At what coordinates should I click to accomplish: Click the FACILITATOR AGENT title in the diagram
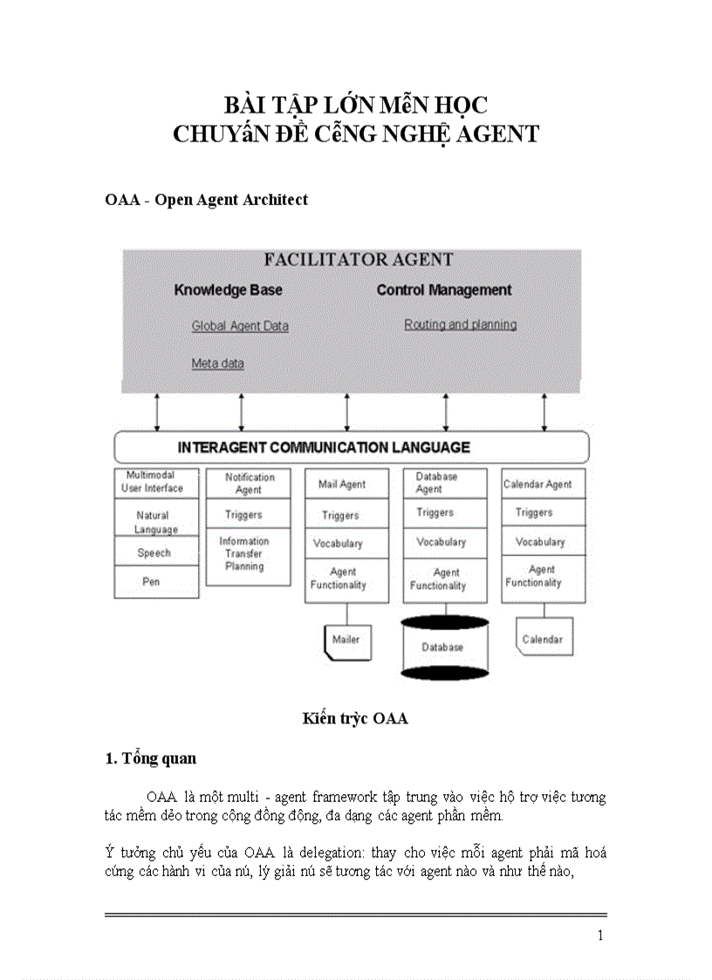[x=358, y=259]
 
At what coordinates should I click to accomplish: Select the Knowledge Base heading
[x=228, y=290]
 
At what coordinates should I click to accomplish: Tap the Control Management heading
[x=443, y=290]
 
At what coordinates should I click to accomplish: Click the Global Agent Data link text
[x=240, y=326]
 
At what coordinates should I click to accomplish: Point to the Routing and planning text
[x=460, y=324]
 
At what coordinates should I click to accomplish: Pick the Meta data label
[x=217, y=363]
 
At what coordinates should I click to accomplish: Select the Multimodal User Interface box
[x=152, y=483]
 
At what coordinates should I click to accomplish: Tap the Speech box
[x=154, y=552]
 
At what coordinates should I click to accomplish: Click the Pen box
[x=152, y=581]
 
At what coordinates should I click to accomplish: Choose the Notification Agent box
[x=249, y=483]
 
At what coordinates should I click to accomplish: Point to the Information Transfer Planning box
[x=244, y=554]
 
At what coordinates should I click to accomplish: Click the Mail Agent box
[x=341, y=484]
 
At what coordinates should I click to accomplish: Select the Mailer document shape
[x=346, y=641]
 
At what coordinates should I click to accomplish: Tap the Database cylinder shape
[x=442, y=647]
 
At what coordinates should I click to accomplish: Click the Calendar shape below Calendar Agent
[x=542, y=640]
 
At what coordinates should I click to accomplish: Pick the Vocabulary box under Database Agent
[x=441, y=542]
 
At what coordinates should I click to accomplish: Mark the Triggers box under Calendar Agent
[x=534, y=512]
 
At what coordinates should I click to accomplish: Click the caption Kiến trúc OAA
[x=355, y=718]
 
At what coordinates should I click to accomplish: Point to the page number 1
[x=600, y=935]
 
